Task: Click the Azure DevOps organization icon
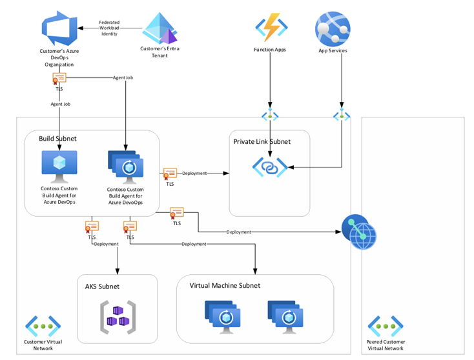point(59,27)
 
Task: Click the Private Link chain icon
point(270,166)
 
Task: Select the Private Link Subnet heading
point(262,141)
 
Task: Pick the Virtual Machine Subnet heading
point(225,285)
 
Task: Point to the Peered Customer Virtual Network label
point(385,345)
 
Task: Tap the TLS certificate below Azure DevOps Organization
point(59,79)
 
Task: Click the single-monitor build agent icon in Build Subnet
point(59,166)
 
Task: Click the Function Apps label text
point(270,49)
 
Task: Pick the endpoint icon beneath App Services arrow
point(340,116)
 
